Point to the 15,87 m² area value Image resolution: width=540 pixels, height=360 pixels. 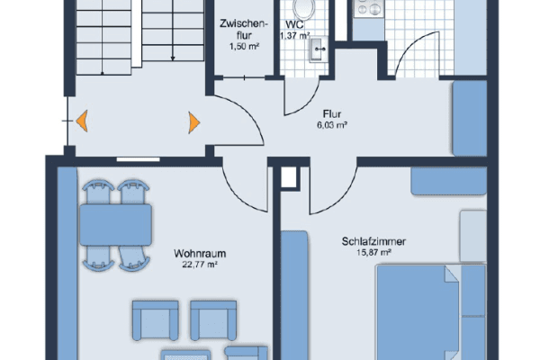pos(373,253)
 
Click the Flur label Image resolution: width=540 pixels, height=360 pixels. pos(331,114)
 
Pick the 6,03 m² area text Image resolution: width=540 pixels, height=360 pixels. pos(331,126)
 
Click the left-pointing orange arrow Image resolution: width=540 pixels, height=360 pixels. pos(81,120)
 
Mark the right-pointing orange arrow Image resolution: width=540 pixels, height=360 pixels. pos(193,121)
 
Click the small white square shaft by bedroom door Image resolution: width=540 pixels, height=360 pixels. pos(289,177)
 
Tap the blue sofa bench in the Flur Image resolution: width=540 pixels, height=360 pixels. pos(468,120)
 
